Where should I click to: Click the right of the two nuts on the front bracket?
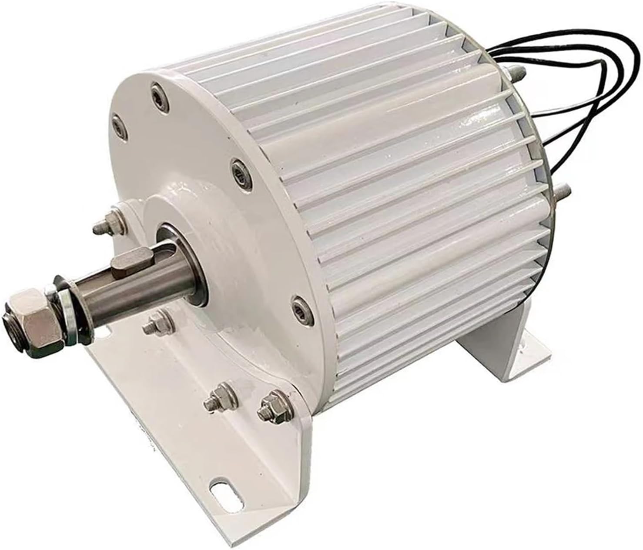tap(267, 408)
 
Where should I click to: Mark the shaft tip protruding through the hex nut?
tap(11, 320)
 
